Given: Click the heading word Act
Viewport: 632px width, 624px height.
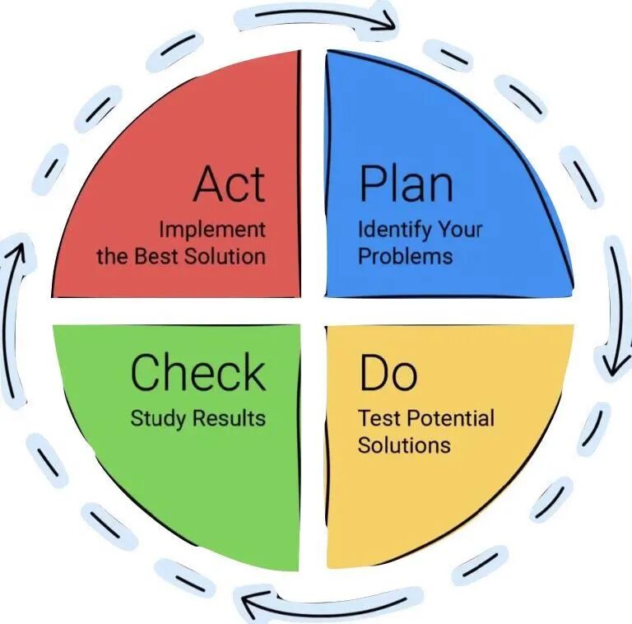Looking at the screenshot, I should [230, 184].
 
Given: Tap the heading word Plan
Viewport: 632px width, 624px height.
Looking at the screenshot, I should [406, 184].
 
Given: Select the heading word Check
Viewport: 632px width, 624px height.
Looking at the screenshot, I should [198, 373].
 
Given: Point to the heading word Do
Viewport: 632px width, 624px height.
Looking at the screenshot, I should [388, 373].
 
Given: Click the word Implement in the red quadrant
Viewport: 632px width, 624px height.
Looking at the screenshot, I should [212, 229].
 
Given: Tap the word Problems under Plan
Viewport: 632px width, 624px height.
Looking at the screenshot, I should [405, 255].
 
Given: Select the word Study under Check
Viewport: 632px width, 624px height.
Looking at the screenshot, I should [160, 418].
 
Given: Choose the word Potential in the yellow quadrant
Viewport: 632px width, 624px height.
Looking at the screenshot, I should [447, 418].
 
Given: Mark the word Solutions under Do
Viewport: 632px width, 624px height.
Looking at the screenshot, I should [404, 445].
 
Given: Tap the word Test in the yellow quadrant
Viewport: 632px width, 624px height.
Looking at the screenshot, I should [376, 418].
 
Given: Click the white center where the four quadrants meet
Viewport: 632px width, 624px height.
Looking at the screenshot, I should [313, 310].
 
